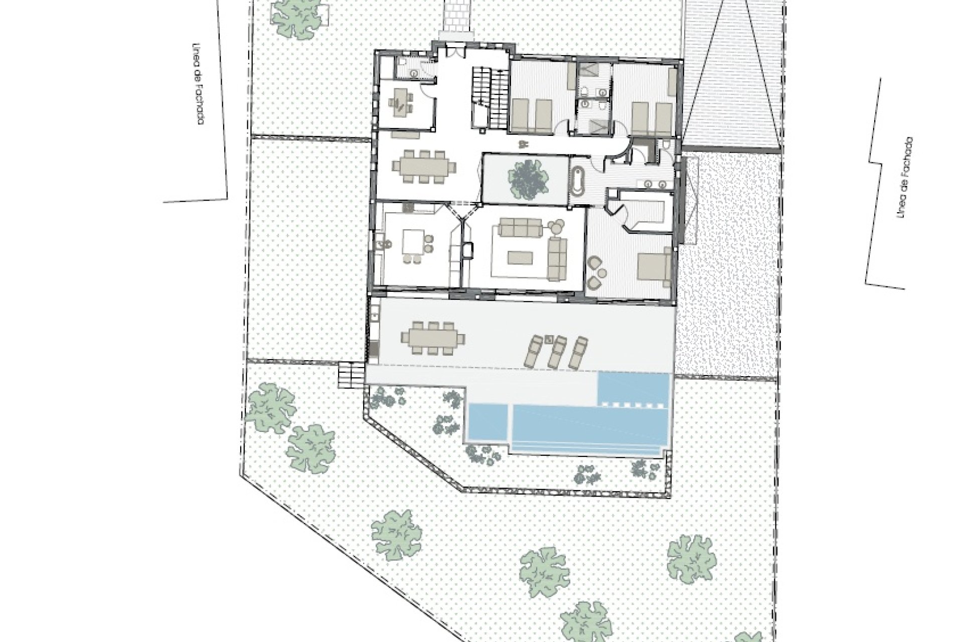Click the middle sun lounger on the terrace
pyautogui.click(x=557, y=350)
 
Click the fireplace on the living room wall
pyautogui.click(x=467, y=249)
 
